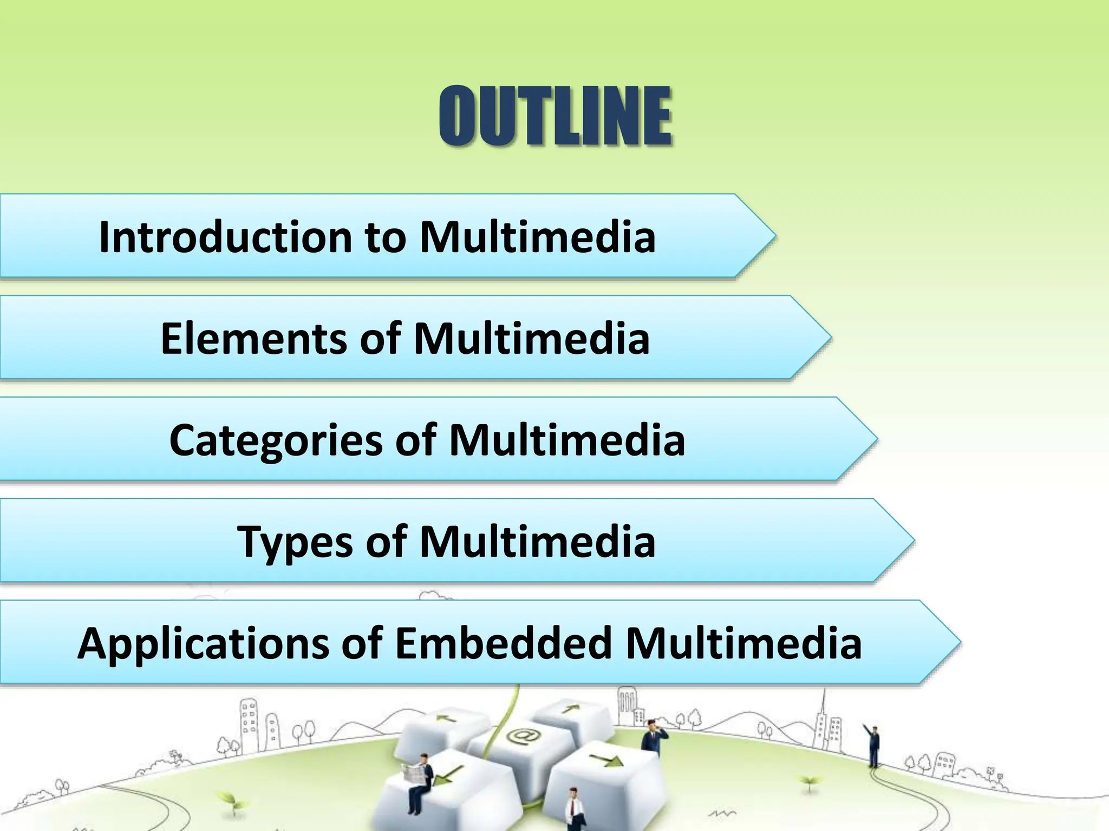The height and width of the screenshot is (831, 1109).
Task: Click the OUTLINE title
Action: click(555, 116)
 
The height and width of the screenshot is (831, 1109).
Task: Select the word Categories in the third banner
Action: click(276, 440)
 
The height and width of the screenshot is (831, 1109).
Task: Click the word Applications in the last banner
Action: click(203, 643)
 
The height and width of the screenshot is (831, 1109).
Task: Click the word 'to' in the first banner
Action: click(385, 237)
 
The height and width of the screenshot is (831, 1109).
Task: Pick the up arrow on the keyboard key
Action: click(569, 708)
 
